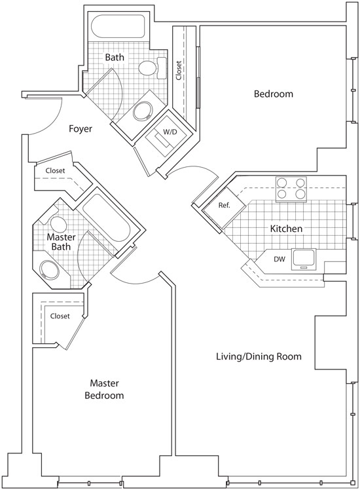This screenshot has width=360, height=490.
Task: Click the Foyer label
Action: (81, 129)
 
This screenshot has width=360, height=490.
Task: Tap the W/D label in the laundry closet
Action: (170, 132)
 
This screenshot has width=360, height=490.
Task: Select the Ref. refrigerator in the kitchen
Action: (224, 205)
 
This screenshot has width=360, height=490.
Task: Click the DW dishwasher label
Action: (279, 259)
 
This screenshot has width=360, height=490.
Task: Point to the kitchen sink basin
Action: (303, 259)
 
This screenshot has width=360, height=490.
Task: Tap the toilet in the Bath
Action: (153, 68)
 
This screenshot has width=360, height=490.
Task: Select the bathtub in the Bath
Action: (118, 26)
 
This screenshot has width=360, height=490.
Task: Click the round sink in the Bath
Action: (143, 111)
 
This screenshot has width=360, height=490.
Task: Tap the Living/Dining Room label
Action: (259, 356)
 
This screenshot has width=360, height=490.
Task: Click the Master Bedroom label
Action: (104, 389)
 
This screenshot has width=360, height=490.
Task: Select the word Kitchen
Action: (286, 229)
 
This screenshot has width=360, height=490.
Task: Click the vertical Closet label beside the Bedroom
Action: (179, 70)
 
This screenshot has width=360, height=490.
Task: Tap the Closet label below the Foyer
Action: (55, 170)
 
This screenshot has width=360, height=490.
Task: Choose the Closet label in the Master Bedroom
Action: (60, 316)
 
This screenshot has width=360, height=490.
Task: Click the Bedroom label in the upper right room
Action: (274, 94)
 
